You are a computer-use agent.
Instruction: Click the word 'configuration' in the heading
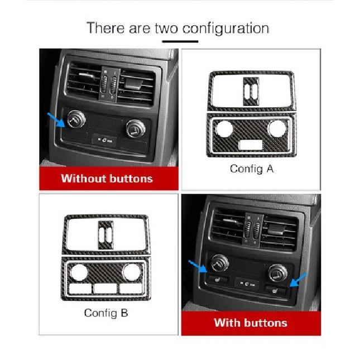(x=226, y=28)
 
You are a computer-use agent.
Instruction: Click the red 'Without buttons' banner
(x=107, y=179)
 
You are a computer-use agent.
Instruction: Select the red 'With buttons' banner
(x=250, y=323)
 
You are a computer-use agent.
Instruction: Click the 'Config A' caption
(x=252, y=169)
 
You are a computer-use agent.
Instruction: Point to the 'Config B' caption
(x=106, y=313)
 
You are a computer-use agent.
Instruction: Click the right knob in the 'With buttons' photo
(x=275, y=273)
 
